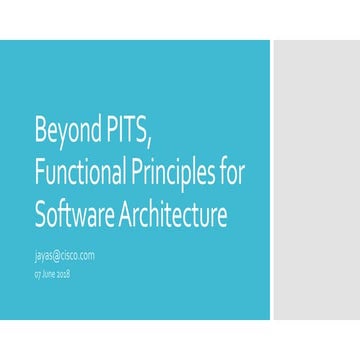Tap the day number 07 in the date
37,273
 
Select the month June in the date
48,273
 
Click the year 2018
63,273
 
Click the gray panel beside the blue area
315,180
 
